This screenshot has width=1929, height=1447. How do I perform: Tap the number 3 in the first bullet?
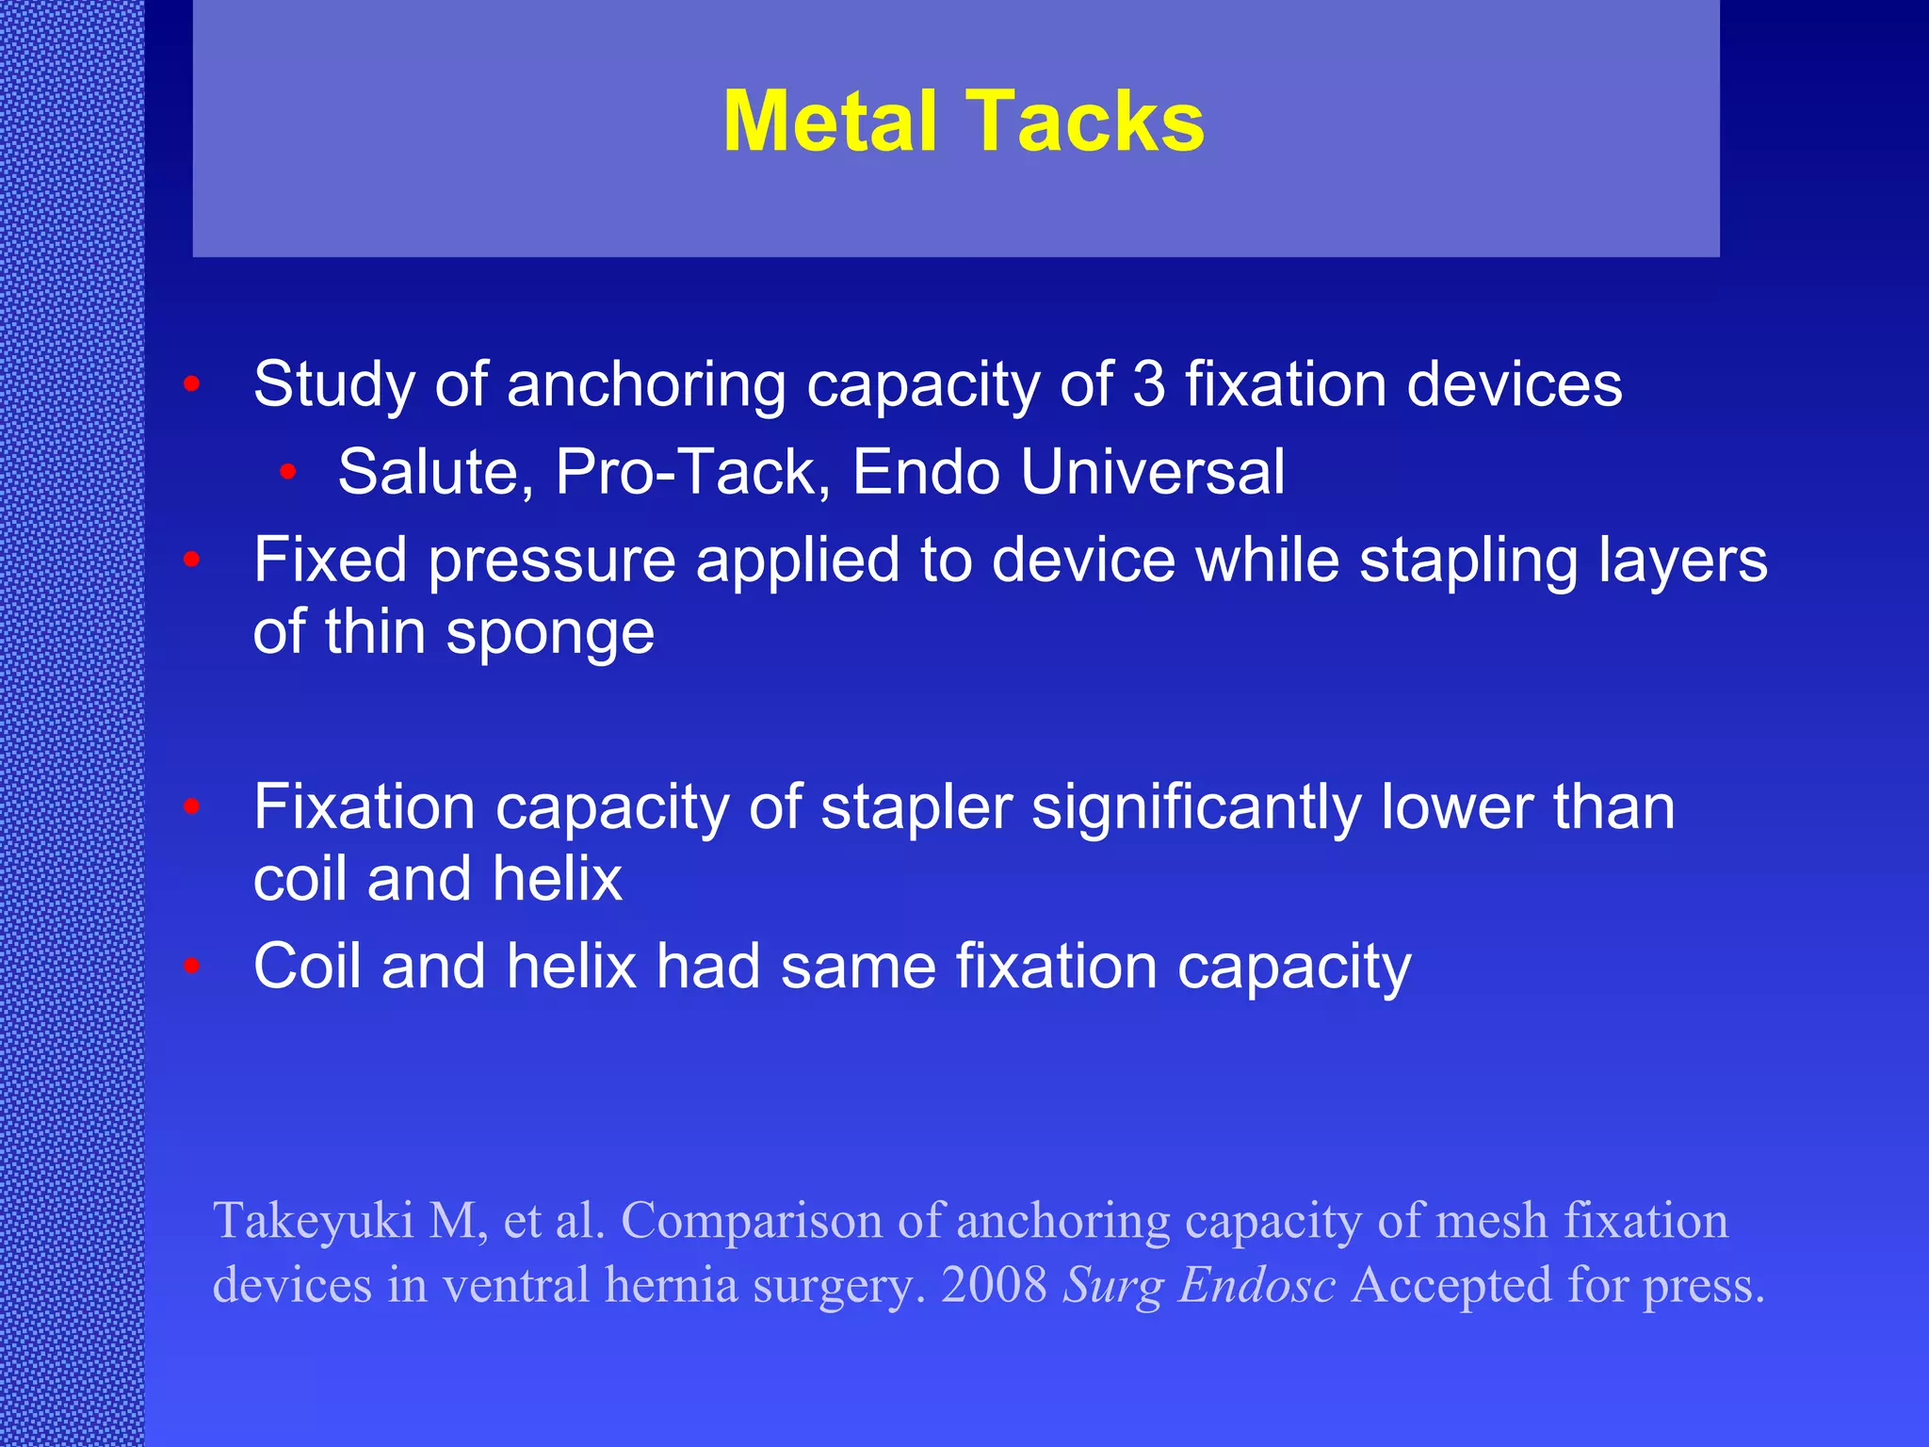[1148, 384]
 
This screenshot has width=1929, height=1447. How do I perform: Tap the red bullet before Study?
[192, 384]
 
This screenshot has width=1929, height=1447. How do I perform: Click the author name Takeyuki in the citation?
[314, 1222]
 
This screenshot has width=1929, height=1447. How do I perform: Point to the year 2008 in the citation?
[994, 1285]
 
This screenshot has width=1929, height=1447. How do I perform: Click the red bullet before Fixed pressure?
[192, 560]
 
